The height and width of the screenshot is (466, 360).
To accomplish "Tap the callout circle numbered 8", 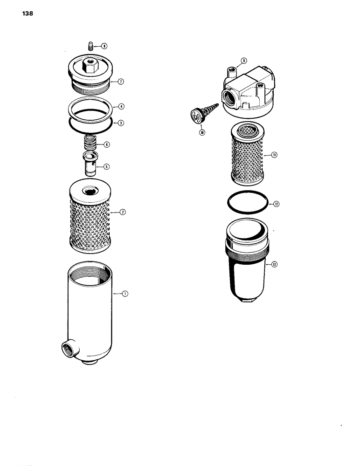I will click(x=104, y=46).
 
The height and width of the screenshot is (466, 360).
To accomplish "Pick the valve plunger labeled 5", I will click(x=90, y=163).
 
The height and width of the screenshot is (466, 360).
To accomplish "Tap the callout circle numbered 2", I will click(x=123, y=212).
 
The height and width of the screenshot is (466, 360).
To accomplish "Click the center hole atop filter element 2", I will click(x=89, y=191).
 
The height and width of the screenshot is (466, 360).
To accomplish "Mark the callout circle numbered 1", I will click(x=125, y=294).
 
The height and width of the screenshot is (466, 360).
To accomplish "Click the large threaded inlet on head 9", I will click(x=230, y=98).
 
